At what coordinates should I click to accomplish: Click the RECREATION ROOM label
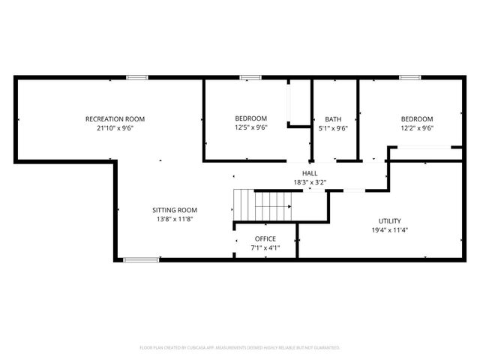pyautogui.click(x=115, y=119)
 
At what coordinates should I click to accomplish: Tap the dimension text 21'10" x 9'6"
pyautogui.click(x=115, y=127)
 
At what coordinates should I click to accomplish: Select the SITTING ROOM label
pyautogui.click(x=175, y=210)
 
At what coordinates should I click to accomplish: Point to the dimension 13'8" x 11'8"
pyautogui.click(x=175, y=219)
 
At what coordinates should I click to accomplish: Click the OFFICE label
pyautogui.click(x=265, y=239)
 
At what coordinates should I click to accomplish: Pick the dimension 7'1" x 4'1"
pyautogui.click(x=265, y=247)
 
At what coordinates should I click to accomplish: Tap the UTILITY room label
pyautogui.click(x=389, y=221)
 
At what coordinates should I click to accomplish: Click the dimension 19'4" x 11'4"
pyautogui.click(x=389, y=230)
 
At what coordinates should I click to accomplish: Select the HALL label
pyautogui.click(x=310, y=172)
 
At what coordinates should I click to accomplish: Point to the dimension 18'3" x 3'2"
pyautogui.click(x=310, y=181)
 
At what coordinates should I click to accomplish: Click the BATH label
pyautogui.click(x=333, y=119)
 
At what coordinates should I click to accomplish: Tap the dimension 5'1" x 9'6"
pyautogui.click(x=333, y=127)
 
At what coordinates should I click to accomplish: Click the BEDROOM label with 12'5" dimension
pyautogui.click(x=250, y=118)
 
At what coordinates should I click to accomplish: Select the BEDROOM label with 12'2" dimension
pyautogui.click(x=416, y=119)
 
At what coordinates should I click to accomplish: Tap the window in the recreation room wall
pyautogui.click(x=136, y=77)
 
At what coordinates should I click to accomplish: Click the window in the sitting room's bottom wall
pyautogui.click(x=141, y=259)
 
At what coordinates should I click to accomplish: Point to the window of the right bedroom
pyautogui.click(x=409, y=77)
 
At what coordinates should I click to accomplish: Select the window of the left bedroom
pyautogui.click(x=250, y=77)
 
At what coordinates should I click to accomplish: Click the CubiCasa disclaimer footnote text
pyautogui.click(x=240, y=348)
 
